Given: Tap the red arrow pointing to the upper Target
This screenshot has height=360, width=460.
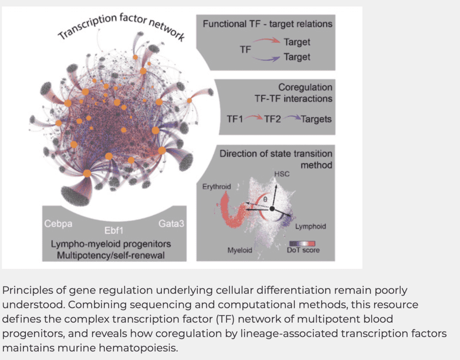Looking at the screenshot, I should coord(266,42).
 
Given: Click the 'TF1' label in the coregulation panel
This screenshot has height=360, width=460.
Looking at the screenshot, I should coord(235,119).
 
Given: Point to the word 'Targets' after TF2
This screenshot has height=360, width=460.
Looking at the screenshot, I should coord(316,119).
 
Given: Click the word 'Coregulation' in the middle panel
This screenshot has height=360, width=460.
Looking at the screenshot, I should coord(305,87).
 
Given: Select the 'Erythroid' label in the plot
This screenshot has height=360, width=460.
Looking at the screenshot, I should coord(216,186).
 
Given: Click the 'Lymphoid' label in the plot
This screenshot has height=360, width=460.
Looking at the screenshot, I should coord(310,226).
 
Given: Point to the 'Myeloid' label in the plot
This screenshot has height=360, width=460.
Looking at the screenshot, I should coord(240,250).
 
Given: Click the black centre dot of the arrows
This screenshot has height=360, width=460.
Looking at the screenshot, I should coord(272,209).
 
